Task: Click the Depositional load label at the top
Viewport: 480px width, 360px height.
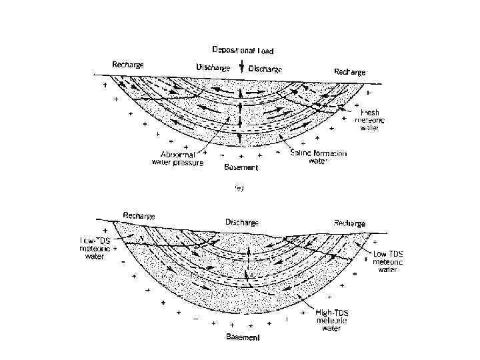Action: (x=243, y=50)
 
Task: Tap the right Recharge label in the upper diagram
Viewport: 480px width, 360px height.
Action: (x=349, y=71)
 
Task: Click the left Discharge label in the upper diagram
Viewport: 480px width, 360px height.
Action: (x=213, y=67)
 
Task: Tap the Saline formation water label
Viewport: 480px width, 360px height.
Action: (x=319, y=157)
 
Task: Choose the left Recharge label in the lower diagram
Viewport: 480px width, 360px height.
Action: (x=139, y=216)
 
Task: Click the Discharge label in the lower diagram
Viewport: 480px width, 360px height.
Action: (x=242, y=221)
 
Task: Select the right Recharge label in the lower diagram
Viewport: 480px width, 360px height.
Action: (x=349, y=223)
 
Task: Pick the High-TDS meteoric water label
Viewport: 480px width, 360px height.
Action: (x=335, y=320)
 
